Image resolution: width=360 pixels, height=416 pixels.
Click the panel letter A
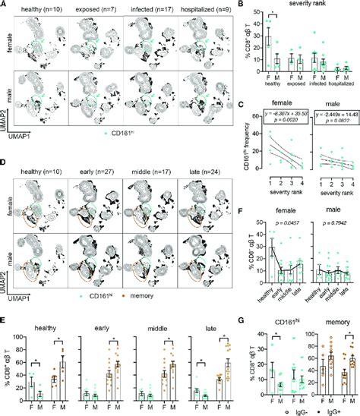(5, 5)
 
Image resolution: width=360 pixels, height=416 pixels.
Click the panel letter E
(5, 320)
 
